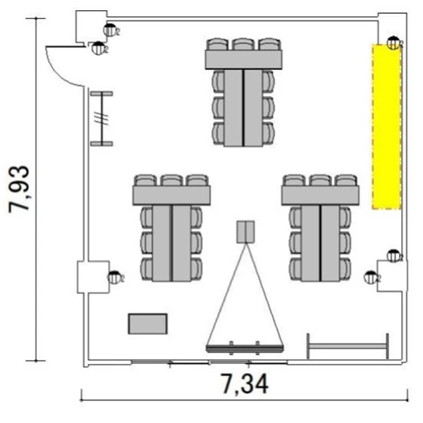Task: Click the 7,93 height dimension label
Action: (x=19, y=190)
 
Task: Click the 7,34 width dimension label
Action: (x=245, y=384)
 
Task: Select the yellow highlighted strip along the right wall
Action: (x=387, y=126)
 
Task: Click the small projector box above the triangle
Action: (x=246, y=232)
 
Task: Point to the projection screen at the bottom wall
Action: (x=245, y=348)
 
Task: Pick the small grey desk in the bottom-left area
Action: (x=148, y=324)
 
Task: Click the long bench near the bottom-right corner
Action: (x=348, y=346)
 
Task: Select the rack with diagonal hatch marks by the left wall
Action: (x=102, y=118)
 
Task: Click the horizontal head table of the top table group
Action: (x=244, y=60)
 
